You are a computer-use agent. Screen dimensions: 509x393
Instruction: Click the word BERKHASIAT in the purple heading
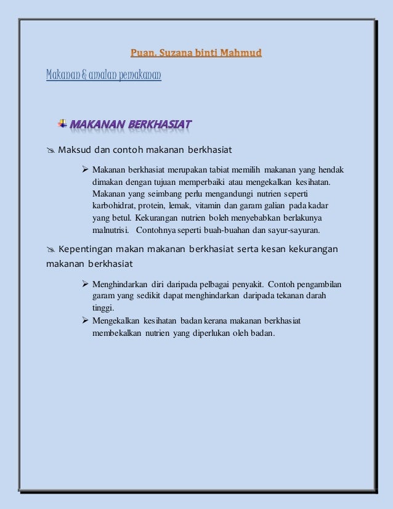click(158, 124)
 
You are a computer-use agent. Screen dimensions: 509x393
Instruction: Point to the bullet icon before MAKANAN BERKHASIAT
click(62, 123)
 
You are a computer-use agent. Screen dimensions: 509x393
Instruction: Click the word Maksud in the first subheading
click(75, 150)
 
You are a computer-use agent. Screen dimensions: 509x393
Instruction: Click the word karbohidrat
click(114, 205)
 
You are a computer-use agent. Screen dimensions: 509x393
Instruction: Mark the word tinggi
click(103, 308)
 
